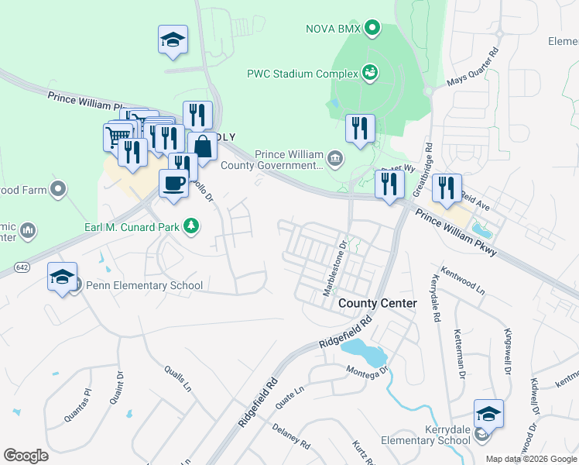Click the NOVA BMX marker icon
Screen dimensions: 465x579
pos(372,30)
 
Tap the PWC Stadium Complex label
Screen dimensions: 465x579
pos(302,74)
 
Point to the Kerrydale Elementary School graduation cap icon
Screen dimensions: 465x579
pos(488,414)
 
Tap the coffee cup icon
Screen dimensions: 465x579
pos(173,184)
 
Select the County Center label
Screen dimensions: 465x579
pos(378,303)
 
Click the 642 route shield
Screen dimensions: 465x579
pos(22,267)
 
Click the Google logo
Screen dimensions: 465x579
pos(26,455)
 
